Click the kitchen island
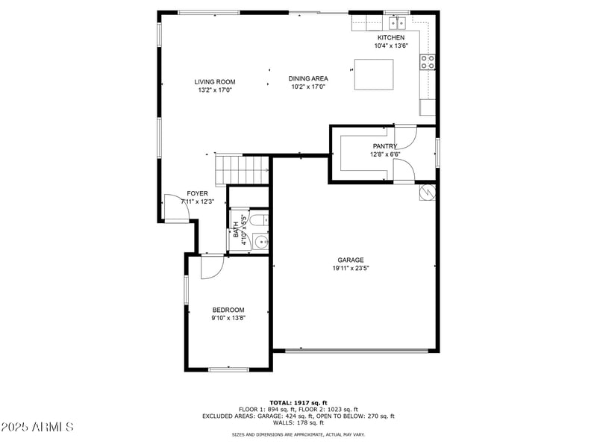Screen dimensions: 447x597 click(374, 74)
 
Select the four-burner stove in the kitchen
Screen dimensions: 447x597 click(428, 63)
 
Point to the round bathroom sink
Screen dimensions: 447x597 click(260, 242)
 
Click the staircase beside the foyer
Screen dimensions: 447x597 click(241, 170)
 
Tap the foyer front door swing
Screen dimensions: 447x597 click(178, 208)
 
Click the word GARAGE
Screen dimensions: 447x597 click(349, 260)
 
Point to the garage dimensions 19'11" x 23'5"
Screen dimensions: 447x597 click(349, 269)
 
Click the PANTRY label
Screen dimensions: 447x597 click(384, 146)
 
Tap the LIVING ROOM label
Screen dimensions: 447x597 click(215, 82)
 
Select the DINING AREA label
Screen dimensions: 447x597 click(308, 78)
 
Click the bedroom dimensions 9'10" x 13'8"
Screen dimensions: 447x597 click(228, 319)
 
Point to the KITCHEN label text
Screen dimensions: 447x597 click(391, 37)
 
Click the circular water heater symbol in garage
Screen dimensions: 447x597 click(428, 192)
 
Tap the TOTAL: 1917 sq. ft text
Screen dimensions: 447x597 click(298, 402)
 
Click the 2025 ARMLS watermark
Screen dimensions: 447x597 click(37, 428)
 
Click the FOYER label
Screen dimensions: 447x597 click(197, 193)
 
